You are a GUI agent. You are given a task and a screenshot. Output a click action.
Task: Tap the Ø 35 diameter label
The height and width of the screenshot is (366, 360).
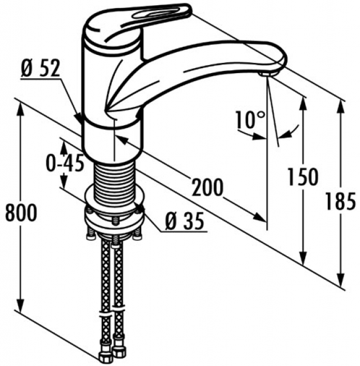(x=185, y=221)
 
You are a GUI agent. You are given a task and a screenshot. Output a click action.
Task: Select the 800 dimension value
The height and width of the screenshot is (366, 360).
(x=21, y=213)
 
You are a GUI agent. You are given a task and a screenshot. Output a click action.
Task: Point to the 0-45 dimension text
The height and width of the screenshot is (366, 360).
(x=65, y=162)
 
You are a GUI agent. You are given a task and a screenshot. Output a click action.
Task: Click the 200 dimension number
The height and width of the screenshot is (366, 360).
(x=207, y=187)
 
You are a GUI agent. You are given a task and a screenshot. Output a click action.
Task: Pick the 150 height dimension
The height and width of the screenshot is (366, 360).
(x=303, y=177)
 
